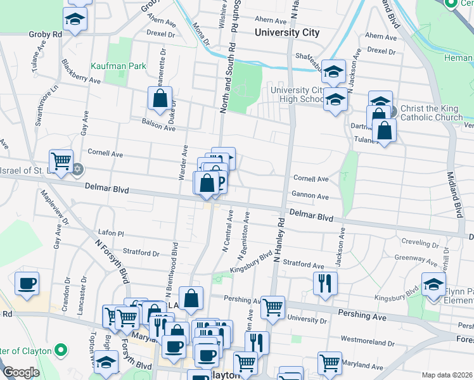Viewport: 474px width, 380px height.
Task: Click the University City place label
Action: [286, 32]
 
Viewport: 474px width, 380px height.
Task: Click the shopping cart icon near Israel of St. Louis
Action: [61, 161]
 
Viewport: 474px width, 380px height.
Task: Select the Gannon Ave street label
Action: [310, 196]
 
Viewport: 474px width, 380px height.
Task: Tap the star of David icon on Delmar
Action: [79, 170]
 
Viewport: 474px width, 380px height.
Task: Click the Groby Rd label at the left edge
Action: [45, 34]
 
